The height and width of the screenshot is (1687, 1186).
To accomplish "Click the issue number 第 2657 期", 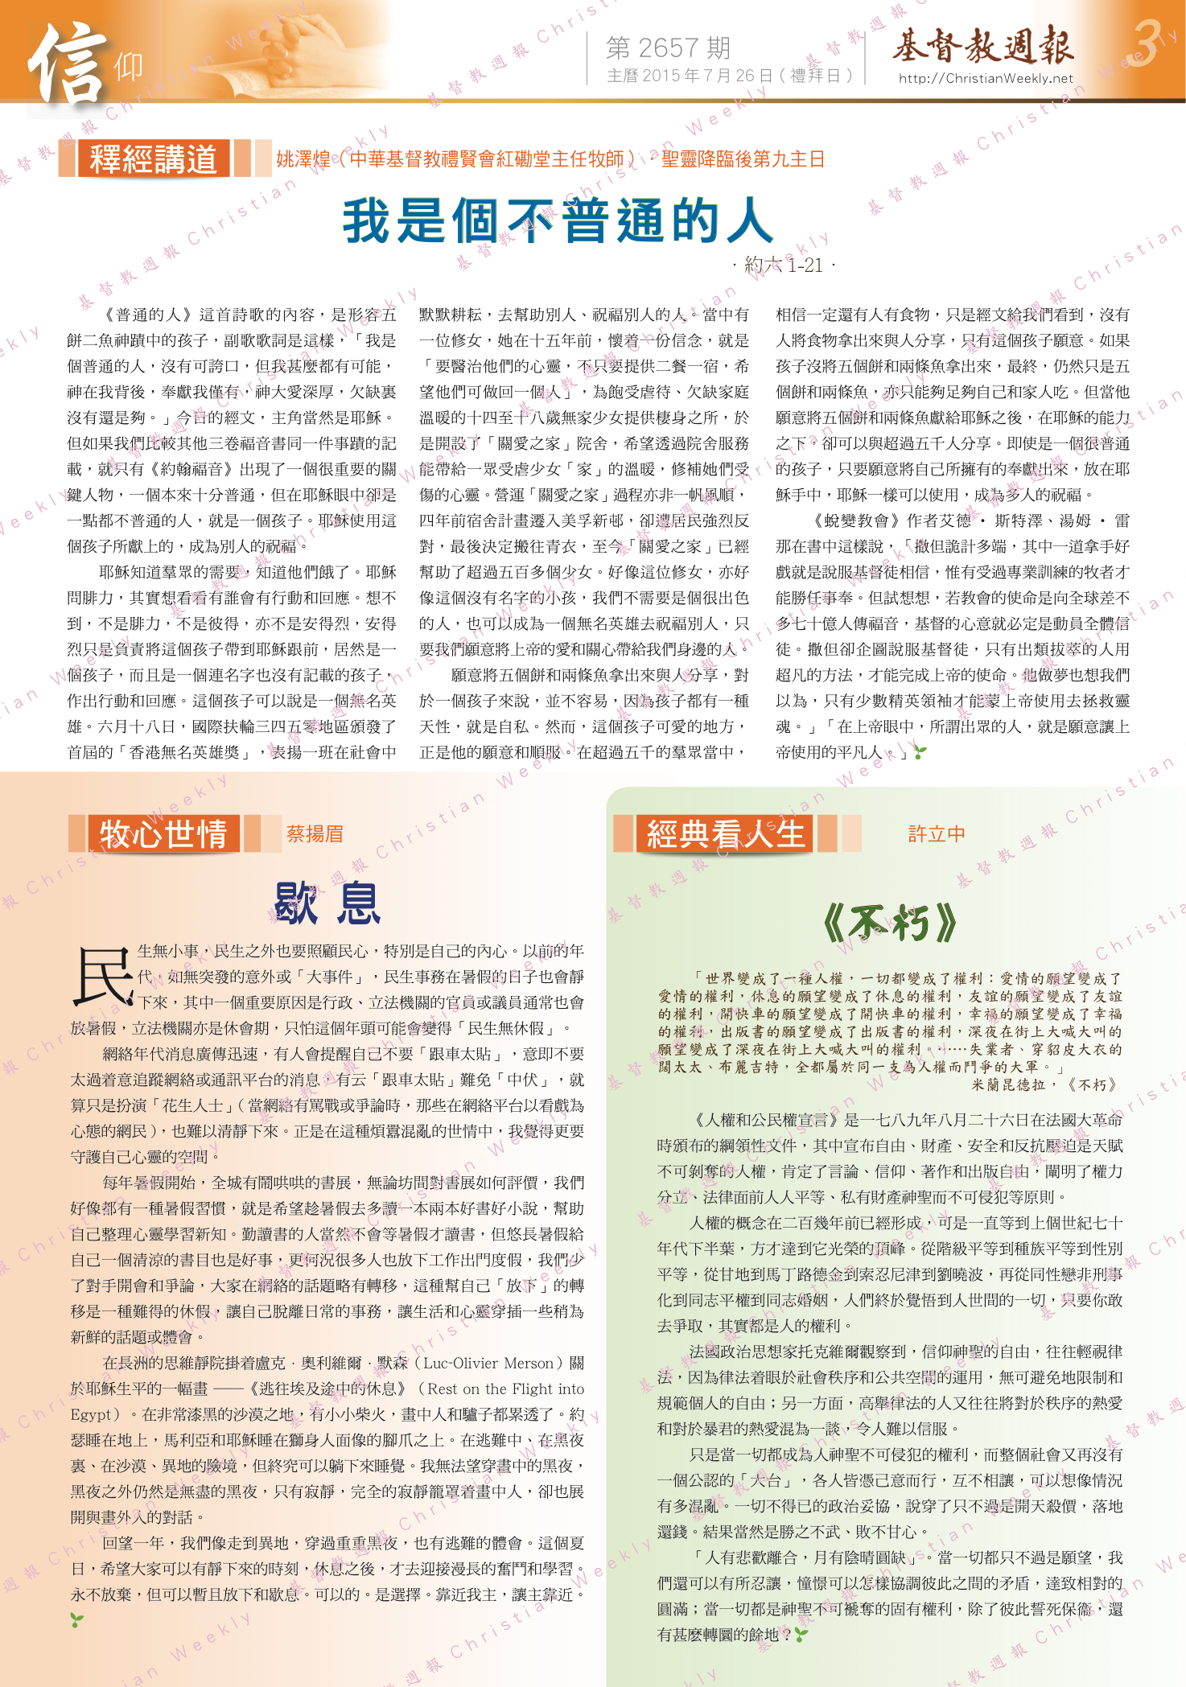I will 668,48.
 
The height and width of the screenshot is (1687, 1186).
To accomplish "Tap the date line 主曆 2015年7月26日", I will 729,76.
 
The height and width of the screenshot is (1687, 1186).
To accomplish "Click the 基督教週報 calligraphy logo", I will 982,45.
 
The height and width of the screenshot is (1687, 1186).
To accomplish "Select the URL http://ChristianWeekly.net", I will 986,78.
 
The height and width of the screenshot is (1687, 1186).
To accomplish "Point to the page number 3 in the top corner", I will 1147,43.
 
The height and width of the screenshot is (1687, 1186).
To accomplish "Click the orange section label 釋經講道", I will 153,158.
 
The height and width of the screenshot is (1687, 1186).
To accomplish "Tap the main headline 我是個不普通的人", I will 558,220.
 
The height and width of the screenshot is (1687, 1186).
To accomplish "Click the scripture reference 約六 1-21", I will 784,265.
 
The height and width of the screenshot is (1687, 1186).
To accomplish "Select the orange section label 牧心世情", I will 163,833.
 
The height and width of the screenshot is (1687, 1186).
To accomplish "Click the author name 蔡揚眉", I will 315,834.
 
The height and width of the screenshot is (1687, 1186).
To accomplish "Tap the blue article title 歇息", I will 327,903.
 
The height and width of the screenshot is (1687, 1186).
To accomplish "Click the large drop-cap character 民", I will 102,976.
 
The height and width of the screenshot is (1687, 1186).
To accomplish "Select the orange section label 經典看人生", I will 725,833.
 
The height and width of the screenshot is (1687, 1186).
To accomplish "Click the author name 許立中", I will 937,834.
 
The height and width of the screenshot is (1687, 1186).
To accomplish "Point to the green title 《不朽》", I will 890,923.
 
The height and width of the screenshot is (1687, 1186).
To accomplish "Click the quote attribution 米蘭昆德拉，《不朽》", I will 1045,1084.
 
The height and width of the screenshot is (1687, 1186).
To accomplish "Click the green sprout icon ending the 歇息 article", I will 76,1620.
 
